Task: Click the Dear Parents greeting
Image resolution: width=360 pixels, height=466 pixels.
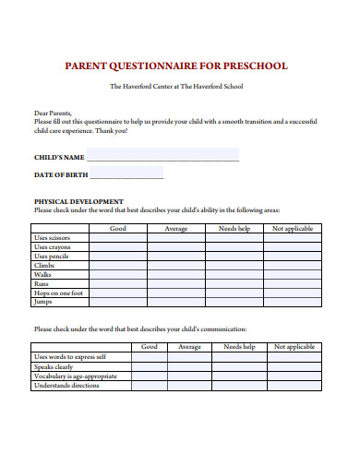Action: coord(52,113)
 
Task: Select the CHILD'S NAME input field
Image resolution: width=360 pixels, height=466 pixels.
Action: coord(162,156)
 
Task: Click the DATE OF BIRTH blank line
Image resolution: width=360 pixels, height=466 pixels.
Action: coord(126,174)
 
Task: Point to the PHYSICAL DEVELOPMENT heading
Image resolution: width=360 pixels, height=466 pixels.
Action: coord(78,201)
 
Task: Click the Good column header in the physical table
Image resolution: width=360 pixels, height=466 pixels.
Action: coord(118,228)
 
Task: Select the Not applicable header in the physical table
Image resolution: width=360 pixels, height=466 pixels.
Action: coord(294,228)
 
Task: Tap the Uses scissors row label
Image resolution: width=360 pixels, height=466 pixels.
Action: coord(58,238)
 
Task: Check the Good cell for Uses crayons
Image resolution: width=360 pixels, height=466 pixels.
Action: coord(118,247)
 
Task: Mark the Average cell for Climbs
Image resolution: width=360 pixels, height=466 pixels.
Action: coord(176,266)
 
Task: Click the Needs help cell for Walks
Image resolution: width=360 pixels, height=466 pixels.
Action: coord(234,275)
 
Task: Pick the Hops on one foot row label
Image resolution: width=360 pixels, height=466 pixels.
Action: coord(60,293)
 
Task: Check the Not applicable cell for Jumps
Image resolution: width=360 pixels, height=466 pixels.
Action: coord(294,303)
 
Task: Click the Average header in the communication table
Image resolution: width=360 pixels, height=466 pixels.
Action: coord(189,347)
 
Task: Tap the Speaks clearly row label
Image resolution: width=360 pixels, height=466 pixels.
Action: coord(56,366)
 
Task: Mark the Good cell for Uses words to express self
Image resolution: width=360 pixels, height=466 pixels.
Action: coord(149,357)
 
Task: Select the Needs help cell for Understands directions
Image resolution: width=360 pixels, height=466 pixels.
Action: coord(239,386)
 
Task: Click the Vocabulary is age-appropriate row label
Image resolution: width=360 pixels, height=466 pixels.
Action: coord(76,376)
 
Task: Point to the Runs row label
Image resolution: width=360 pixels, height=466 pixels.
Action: coord(42,284)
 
